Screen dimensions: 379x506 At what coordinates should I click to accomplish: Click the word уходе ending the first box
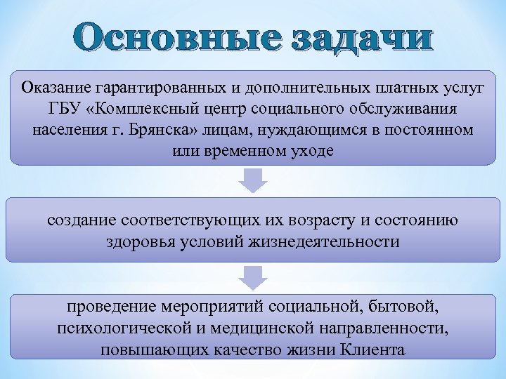(310, 152)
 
